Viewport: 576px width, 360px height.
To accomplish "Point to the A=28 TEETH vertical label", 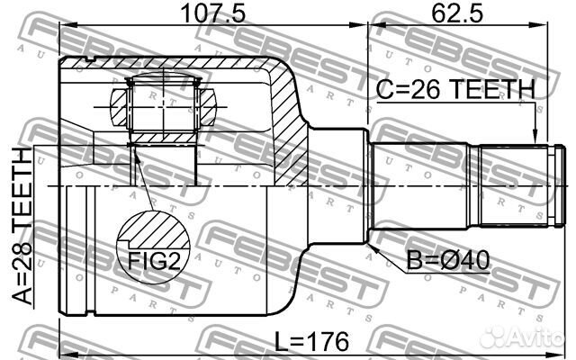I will tap(19, 229).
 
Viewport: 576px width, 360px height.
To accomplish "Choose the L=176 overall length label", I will tap(309, 342).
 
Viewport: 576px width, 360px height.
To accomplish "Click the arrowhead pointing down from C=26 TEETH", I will tap(535, 134).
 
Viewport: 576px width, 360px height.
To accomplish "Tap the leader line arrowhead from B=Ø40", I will tap(372, 241).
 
